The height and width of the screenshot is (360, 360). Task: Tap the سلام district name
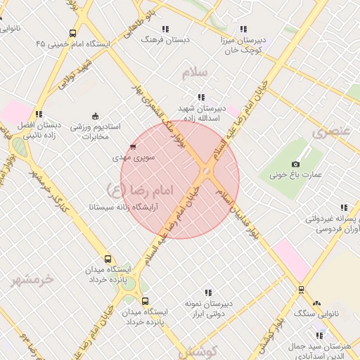(x=195, y=72)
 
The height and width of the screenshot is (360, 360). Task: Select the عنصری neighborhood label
(x=331, y=132)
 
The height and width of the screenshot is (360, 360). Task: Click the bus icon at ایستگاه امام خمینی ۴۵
(x=73, y=33)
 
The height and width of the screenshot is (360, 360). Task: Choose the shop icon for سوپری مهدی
(x=133, y=147)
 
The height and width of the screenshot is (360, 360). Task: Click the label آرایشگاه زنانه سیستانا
(x=122, y=208)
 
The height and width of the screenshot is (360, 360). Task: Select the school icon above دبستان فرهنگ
(x=165, y=29)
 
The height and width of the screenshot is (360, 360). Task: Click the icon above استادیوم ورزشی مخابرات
(x=95, y=116)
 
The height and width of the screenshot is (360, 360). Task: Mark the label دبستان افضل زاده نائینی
(x=39, y=130)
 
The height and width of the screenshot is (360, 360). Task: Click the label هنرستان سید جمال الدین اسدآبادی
(x=319, y=352)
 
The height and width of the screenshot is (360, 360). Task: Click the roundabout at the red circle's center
(x=205, y=172)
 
